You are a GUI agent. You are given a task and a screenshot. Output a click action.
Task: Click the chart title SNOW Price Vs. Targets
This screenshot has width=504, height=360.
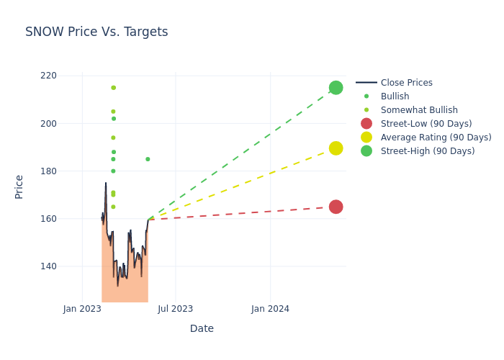point(96,32)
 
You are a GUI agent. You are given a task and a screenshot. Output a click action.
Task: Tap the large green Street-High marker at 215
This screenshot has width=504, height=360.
point(336,88)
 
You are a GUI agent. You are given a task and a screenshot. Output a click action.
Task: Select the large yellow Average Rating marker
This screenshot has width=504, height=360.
point(336,148)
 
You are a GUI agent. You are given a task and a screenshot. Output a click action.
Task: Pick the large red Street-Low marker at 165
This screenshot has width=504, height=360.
point(336,207)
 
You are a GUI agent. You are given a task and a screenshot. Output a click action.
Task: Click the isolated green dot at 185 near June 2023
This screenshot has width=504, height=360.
point(148,159)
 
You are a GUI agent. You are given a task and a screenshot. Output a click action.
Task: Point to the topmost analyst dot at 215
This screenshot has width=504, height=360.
point(113,88)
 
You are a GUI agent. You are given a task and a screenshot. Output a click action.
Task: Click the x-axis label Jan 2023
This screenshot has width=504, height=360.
point(82,309)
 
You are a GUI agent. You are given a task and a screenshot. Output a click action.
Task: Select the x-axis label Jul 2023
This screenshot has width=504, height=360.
point(176,309)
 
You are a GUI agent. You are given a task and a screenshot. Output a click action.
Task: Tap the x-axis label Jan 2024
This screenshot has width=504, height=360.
point(270,309)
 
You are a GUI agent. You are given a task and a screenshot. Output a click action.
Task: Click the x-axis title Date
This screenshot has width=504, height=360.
point(202,329)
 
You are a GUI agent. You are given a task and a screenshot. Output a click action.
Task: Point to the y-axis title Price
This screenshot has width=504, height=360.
point(19,186)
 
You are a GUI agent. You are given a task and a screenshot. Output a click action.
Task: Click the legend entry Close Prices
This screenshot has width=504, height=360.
point(406,83)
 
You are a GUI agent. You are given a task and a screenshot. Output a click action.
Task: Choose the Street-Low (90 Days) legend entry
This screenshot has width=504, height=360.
point(426,124)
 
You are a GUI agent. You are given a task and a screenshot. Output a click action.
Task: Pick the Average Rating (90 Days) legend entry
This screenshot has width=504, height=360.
point(436,138)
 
